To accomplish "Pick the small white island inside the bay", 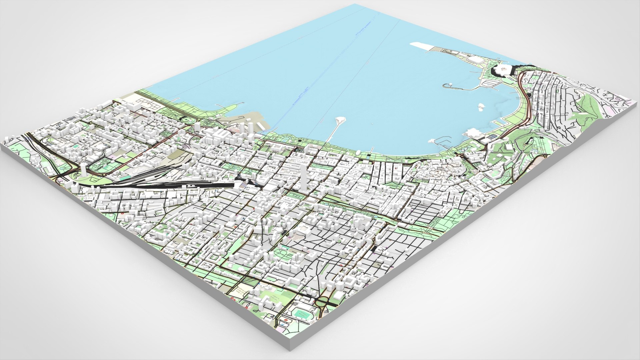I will (481, 107).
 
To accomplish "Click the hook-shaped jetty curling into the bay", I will (457, 87).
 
